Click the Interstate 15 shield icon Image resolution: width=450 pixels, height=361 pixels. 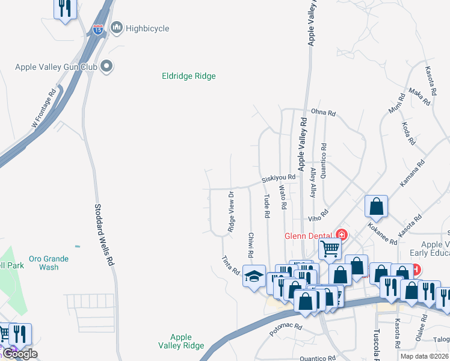tap(99, 28)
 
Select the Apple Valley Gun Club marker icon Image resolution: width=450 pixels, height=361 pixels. tap(106, 66)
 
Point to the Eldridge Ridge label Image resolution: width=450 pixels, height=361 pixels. tap(188, 76)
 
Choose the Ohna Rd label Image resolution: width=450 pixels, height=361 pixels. tap(324, 112)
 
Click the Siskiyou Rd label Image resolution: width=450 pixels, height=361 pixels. tap(279, 178)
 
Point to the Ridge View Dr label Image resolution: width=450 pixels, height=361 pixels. tap(231, 211)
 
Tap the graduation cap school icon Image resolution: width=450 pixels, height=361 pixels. tap(254, 276)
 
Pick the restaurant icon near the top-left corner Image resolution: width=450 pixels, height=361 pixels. tap(64, 8)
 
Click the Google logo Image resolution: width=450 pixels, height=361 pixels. tap(19, 354)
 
